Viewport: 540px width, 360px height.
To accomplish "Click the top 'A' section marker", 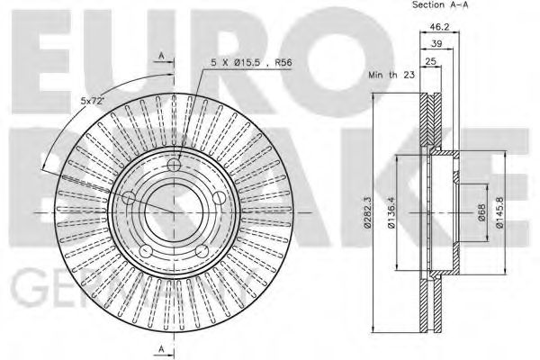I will click(x=161, y=57).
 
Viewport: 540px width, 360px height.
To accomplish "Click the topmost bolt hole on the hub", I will click(x=175, y=165).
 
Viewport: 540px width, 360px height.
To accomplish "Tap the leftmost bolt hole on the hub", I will click(x=129, y=198).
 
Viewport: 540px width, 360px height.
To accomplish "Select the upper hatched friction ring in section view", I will click(x=431, y=117).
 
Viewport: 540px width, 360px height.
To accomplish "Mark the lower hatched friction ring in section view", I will click(x=431, y=306).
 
